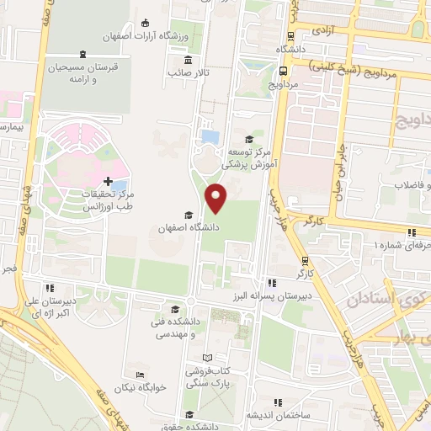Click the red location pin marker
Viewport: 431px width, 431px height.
pos(217,198)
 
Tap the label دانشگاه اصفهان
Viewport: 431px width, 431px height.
pos(189,228)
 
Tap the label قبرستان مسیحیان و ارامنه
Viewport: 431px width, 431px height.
pos(82,72)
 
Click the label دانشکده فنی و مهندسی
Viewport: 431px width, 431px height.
pos(173,327)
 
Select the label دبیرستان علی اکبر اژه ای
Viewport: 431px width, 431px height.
pos(51,307)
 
